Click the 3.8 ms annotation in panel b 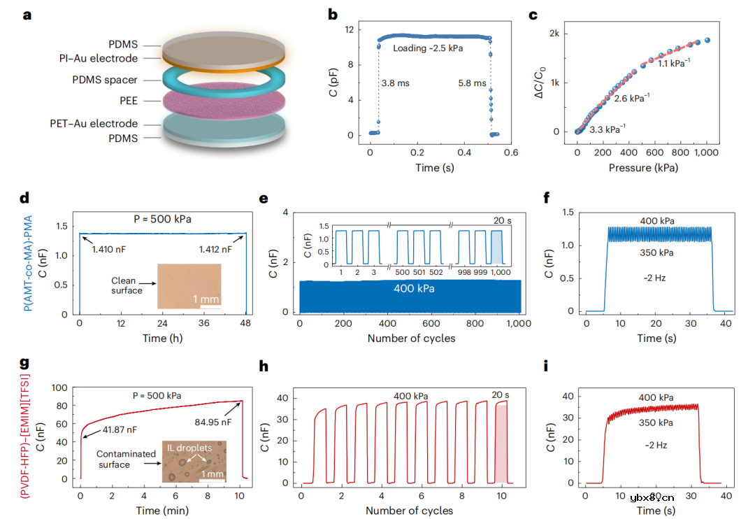396,83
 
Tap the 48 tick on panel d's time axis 246,326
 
